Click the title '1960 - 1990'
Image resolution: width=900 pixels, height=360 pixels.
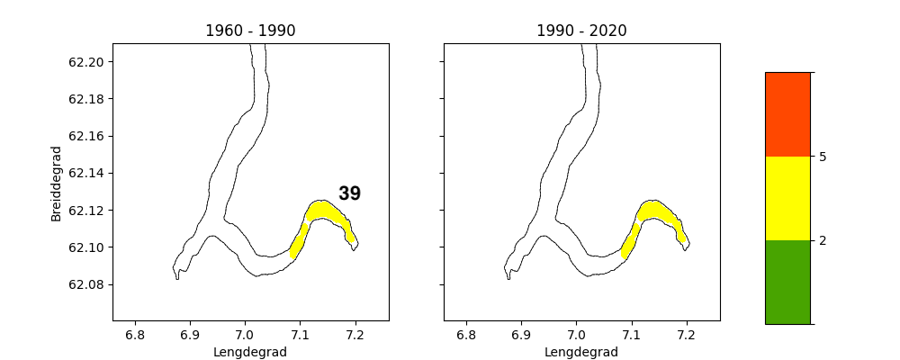250,31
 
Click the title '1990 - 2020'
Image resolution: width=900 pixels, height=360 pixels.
581,31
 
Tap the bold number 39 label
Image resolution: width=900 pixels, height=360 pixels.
349,193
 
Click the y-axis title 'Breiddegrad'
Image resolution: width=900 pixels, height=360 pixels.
57,183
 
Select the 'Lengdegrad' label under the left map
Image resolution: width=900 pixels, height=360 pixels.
250,352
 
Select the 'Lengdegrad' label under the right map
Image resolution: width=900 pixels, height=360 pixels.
581,352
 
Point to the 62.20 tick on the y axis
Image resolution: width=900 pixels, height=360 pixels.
85,62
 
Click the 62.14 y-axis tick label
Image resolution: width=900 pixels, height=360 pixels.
85,173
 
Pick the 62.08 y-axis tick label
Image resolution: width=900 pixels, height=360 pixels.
85,284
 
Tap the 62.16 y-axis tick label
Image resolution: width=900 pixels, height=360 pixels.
85,136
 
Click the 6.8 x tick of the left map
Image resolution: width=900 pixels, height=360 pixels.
135,335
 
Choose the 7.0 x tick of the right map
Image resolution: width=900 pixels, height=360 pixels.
577,335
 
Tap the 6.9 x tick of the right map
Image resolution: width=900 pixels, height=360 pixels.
521,335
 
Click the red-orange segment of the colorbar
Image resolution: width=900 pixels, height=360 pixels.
787,114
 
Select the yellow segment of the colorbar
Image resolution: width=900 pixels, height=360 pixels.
787,198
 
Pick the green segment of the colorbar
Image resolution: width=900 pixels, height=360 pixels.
787,282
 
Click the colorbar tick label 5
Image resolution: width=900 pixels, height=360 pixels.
823,157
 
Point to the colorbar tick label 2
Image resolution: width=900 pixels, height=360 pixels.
823,240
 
